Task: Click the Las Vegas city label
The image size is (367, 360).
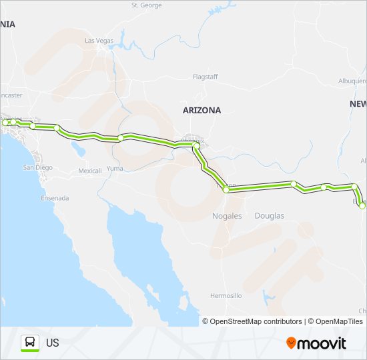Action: [x=99, y=41]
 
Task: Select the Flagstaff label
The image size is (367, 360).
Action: [x=205, y=77]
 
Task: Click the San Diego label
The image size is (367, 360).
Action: [x=39, y=167]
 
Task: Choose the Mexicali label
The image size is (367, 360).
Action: [x=89, y=171]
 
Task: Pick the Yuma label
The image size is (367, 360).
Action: [x=115, y=169]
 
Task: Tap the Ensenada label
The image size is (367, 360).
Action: [x=55, y=198]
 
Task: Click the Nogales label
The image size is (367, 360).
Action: [x=228, y=216]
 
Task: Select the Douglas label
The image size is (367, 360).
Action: [x=270, y=216]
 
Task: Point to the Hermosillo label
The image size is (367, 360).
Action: [x=226, y=295]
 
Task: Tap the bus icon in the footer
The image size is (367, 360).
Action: [x=30, y=343]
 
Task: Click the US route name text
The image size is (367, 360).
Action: [x=53, y=343]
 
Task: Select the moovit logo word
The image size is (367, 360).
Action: [x=322, y=343]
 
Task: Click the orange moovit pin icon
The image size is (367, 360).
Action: [x=291, y=343]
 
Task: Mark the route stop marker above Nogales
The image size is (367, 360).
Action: [x=226, y=190]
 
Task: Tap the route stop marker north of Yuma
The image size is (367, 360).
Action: [x=120, y=138]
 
